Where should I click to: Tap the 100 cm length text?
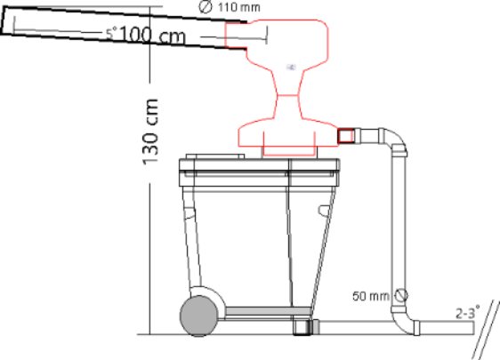coord(152,35)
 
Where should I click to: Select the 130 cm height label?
coord(150,132)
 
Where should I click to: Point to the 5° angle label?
coord(111,33)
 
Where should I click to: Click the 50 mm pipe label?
coord(371,296)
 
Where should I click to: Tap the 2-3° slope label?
coord(467,313)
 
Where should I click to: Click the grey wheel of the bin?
coord(199,316)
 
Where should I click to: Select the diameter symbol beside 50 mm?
coord(401,295)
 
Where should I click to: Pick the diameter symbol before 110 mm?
coord(206,7)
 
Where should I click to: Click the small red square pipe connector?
coord(345,136)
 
